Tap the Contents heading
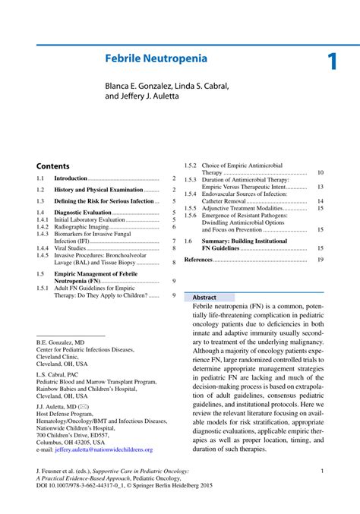(x=52, y=166)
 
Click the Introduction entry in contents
(x=71, y=178)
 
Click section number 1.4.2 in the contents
(x=43, y=227)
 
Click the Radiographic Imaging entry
(x=81, y=227)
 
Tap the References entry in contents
(x=199, y=260)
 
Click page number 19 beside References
(x=321, y=260)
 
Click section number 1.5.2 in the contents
(x=191, y=166)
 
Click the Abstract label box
(x=205, y=298)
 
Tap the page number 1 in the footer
(x=323, y=471)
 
